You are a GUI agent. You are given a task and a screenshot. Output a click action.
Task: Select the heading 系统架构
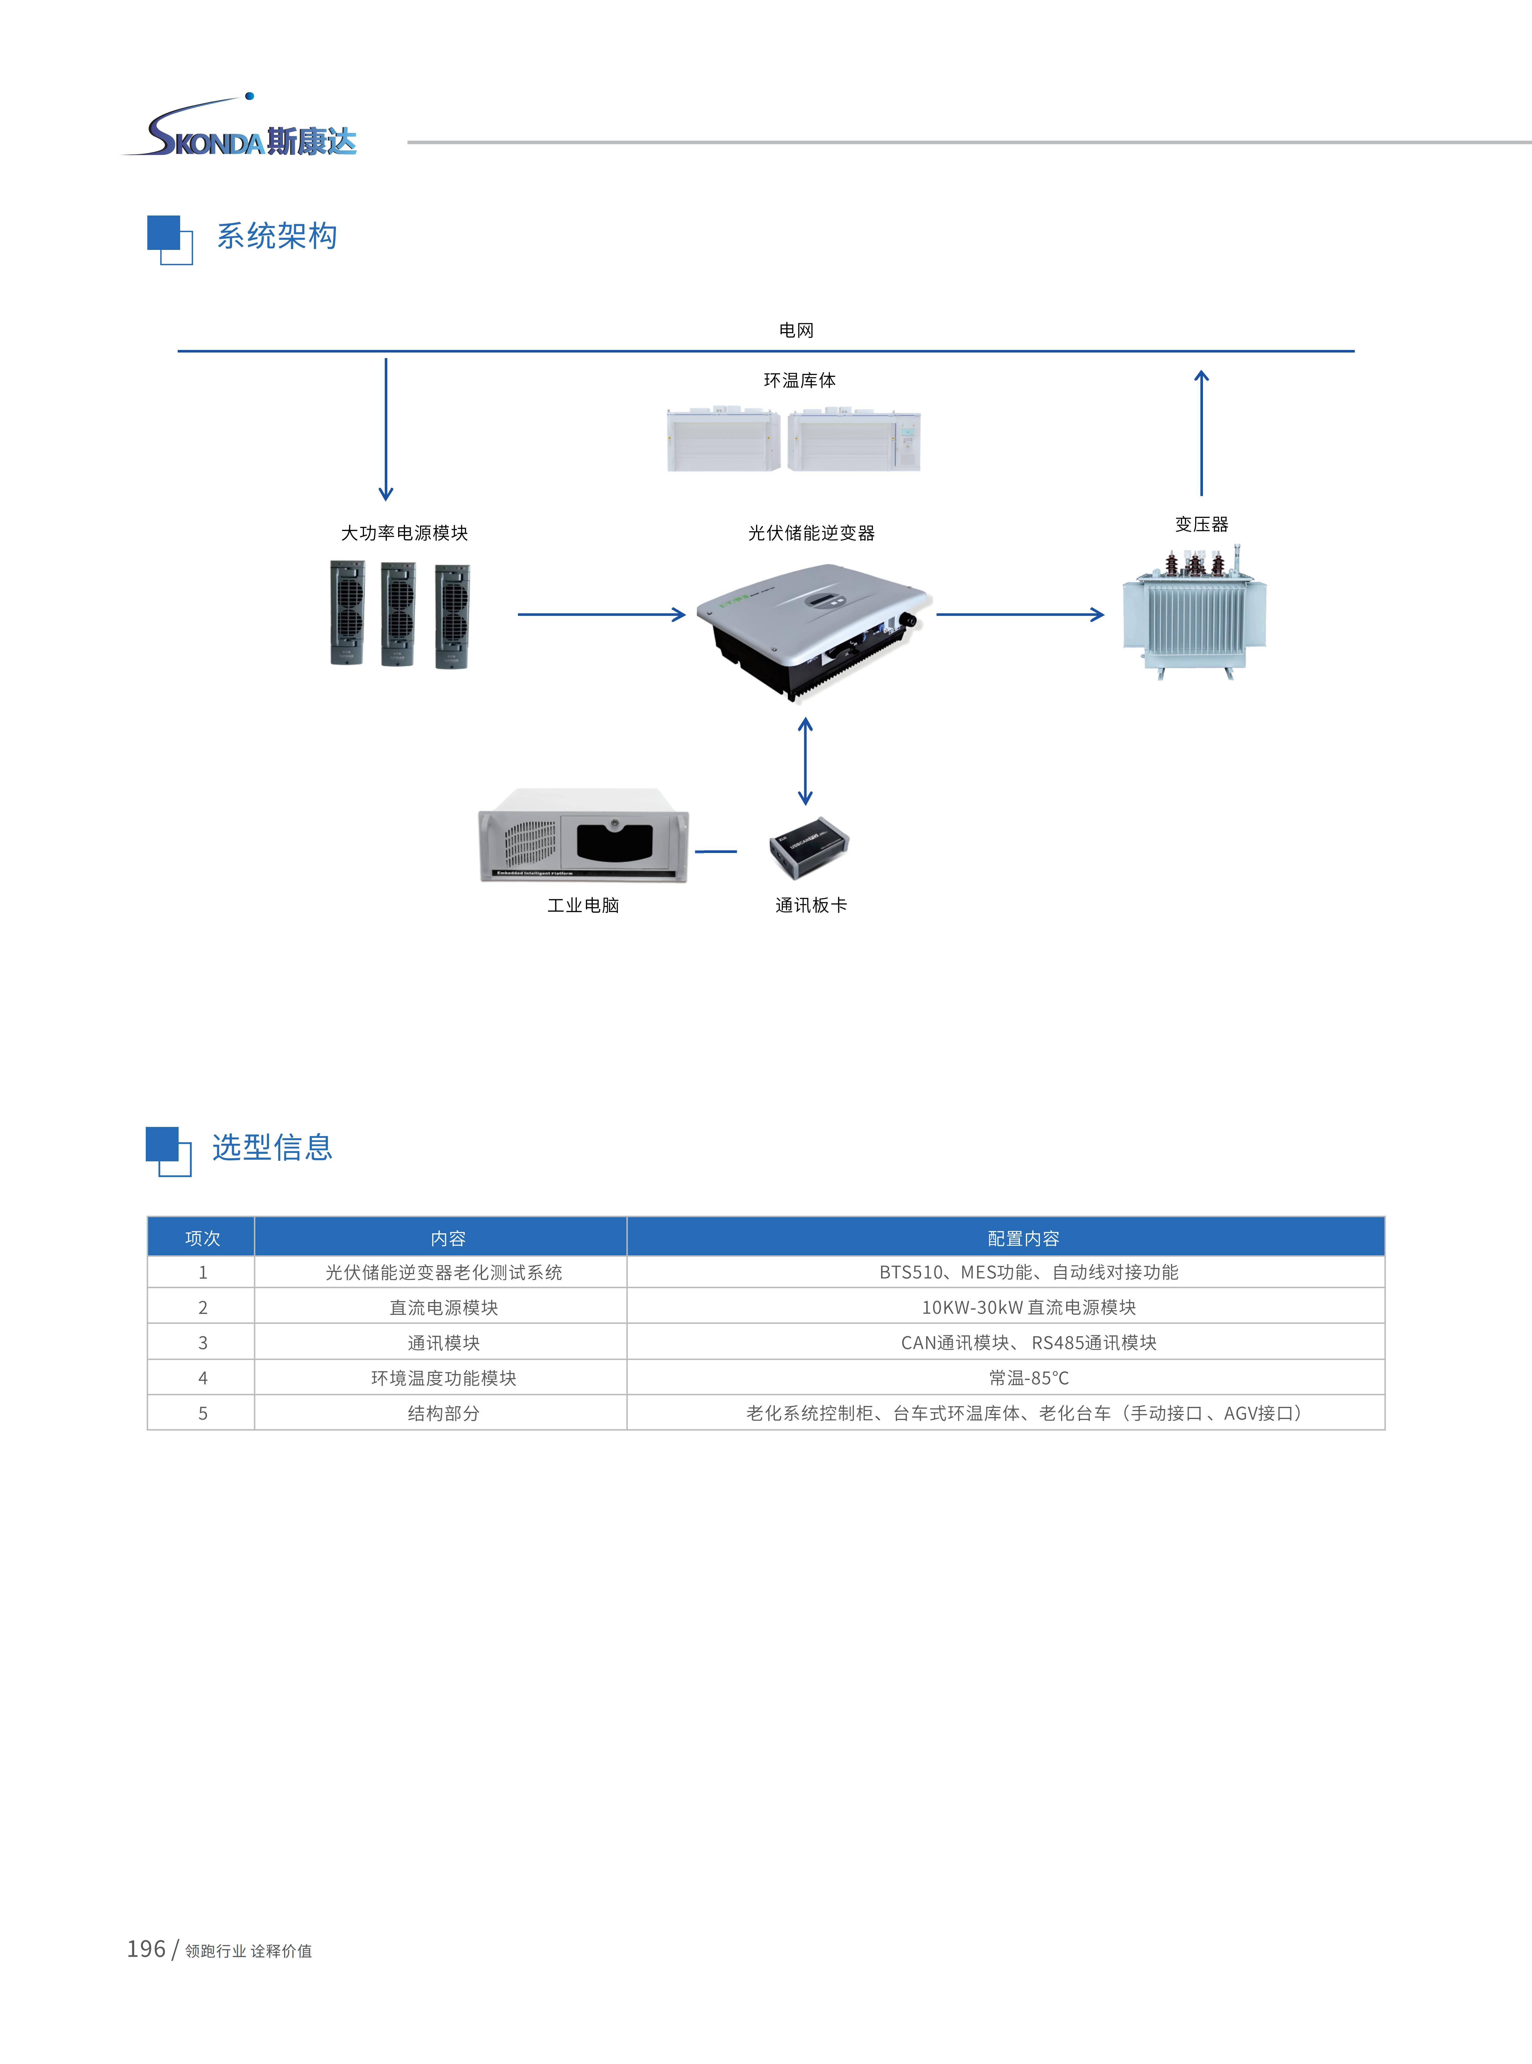276,236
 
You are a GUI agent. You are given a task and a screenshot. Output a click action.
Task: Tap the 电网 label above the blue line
796,330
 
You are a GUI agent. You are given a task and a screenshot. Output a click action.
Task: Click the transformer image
1195,613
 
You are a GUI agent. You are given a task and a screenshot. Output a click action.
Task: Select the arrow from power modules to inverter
601,614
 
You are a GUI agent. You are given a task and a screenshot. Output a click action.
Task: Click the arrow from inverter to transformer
1020,614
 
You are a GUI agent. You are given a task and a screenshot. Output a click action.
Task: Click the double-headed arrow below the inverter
805,761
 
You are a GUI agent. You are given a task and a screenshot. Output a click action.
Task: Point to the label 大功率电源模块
404,533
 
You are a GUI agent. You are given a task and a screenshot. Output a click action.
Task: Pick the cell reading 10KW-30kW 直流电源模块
1028,1307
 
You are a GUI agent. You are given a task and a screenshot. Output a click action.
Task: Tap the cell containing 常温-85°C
1028,1378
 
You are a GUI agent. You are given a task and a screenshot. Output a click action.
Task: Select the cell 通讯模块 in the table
443,1343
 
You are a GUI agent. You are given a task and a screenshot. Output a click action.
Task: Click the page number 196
145,1949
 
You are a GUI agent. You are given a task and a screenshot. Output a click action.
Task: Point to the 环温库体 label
799,380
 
